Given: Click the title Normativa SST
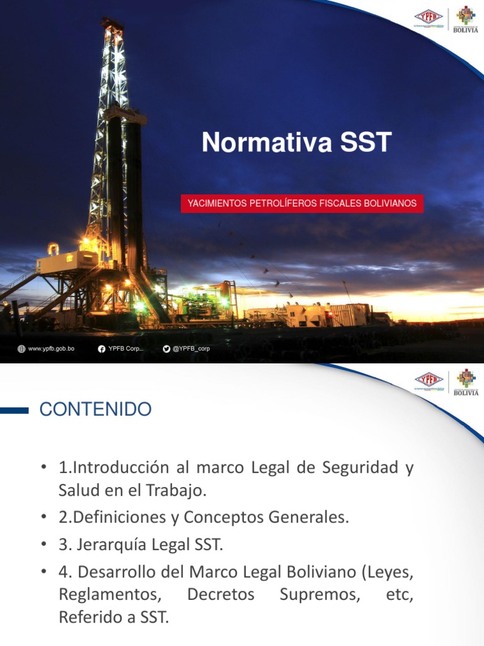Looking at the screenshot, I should [297, 143].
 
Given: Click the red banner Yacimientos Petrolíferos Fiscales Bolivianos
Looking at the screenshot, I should [302, 204].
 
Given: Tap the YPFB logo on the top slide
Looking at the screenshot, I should [429, 18].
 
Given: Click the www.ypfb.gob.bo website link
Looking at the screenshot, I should [51, 349].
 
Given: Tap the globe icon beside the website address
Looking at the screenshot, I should [22, 349].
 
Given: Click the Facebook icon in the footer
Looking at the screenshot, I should [101, 349].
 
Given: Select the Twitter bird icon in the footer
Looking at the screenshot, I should [166, 349].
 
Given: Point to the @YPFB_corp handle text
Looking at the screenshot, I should [191, 349].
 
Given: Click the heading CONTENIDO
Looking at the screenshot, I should [95, 409].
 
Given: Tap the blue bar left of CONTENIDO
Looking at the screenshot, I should [14, 410].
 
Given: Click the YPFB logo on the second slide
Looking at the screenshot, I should [429, 382].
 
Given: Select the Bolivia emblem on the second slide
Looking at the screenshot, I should [466, 382].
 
